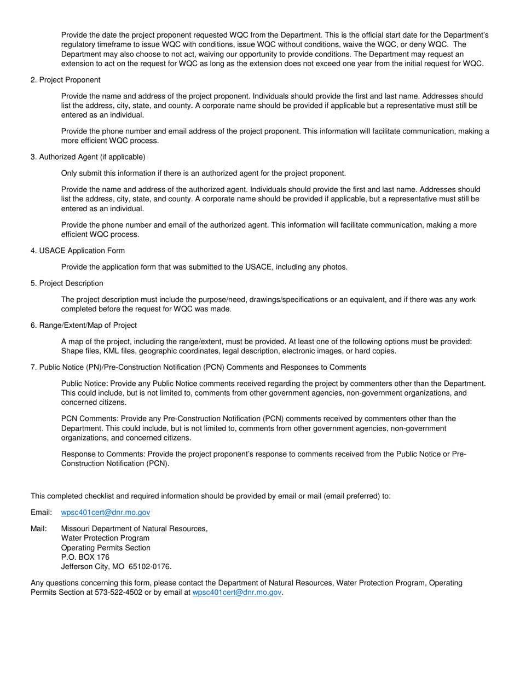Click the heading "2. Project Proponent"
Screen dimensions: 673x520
[66, 80]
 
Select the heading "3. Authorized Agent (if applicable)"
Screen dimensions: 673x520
[88, 157]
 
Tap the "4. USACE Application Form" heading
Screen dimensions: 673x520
[78, 251]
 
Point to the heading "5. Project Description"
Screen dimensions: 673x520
[67, 283]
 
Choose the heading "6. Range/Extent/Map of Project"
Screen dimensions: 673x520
[84, 325]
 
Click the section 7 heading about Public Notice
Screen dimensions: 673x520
[198, 367]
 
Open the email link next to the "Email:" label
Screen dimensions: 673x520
[105, 512]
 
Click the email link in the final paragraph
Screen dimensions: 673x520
[237, 592]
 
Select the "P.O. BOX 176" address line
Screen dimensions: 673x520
[85, 557]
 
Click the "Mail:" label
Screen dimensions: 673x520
[39, 529]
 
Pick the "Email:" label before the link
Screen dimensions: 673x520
[41, 512]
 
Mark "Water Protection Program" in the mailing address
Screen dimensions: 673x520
[105, 538]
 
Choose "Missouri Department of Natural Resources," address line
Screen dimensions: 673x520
[134, 529]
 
